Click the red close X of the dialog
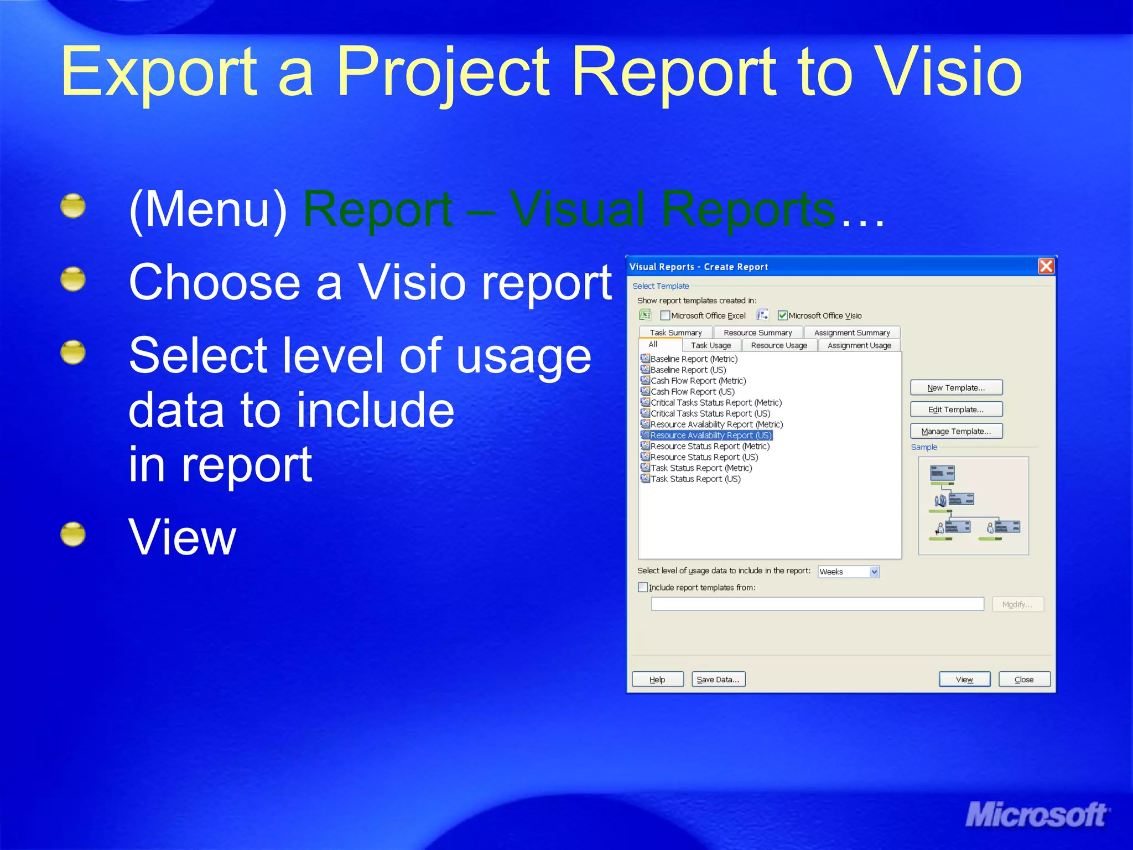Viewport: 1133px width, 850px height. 1046,266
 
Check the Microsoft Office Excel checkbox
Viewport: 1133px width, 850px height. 665,315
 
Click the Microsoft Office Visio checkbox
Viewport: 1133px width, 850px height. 782,315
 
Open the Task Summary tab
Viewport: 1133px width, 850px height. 675,333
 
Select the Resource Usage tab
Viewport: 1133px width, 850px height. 779,345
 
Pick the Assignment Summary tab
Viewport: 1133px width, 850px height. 852,333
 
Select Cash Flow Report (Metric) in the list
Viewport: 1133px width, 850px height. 698,381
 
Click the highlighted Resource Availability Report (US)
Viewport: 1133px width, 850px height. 710,436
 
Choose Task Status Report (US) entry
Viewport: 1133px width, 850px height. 695,479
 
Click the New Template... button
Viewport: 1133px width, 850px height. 956,388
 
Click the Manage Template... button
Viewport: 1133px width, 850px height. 956,431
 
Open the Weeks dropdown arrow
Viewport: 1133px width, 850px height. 874,572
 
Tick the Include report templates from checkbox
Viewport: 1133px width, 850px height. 643,587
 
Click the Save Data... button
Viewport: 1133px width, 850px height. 718,680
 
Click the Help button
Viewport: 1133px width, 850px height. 657,680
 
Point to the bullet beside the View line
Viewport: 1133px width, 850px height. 73,535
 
